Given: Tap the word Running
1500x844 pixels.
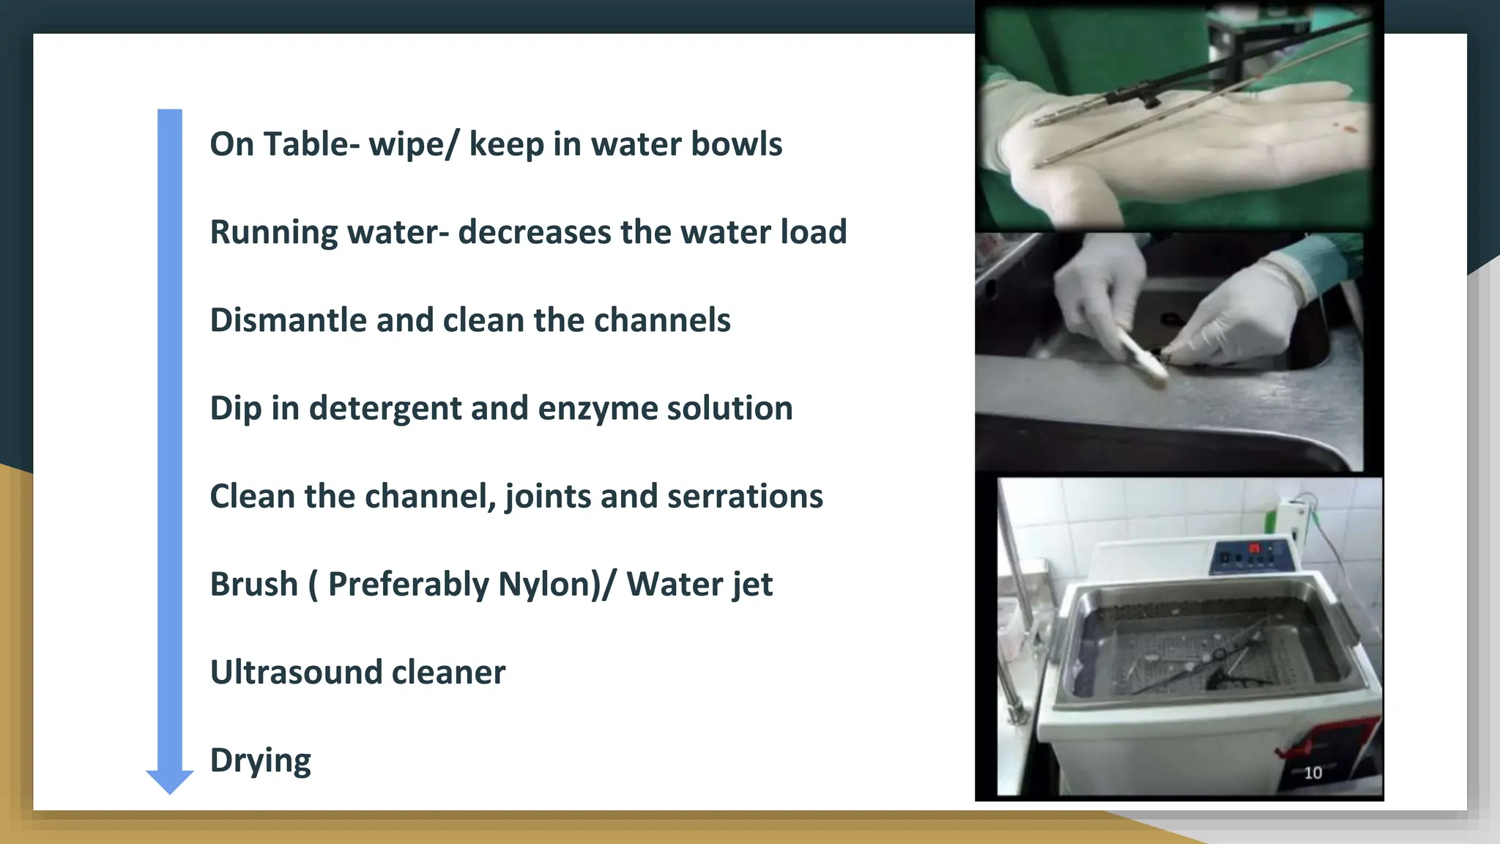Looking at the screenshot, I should pyautogui.click(x=273, y=233).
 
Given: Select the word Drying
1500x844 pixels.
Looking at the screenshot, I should pyautogui.click(x=260, y=761).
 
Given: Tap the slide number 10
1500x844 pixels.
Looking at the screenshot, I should pyautogui.click(x=1312, y=773).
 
